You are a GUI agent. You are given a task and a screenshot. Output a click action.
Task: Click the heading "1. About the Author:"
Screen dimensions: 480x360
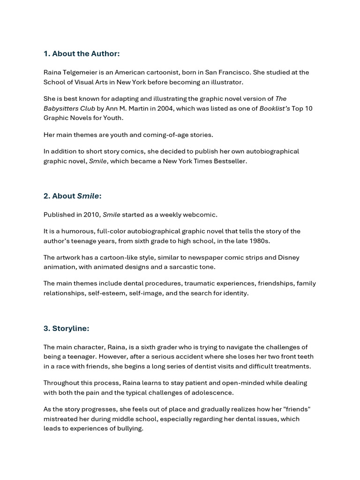(x=82, y=54)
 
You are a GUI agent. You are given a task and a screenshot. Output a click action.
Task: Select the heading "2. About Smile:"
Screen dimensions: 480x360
(x=73, y=196)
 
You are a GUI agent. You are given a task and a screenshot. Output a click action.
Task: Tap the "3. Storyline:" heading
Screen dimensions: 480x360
(x=66, y=329)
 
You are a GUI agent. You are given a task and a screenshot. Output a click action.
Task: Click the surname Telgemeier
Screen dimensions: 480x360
(x=82, y=73)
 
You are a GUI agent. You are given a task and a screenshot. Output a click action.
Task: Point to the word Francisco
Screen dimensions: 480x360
(x=234, y=73)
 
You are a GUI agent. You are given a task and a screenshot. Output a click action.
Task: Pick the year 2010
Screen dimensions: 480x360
(x=92, y=215)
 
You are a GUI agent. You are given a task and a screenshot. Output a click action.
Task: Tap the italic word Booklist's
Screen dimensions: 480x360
(x=274, y=109)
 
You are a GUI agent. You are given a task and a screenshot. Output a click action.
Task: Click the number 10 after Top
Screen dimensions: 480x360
(x=308, y=109)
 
